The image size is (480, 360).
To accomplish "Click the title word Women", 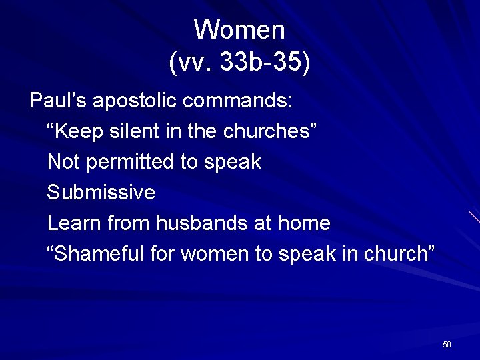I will (239, 30).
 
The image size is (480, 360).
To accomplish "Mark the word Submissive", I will (101, 193).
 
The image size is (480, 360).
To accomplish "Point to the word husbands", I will (202, 223).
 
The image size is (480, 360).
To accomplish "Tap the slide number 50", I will (447, 344).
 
